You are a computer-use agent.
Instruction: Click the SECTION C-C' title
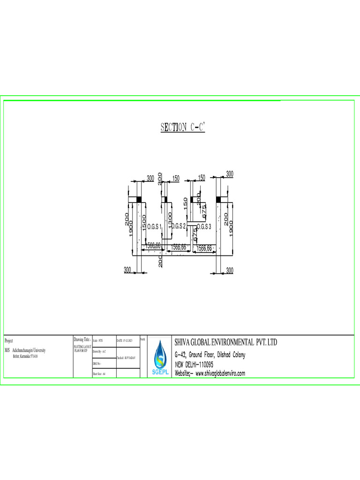click(x=183, y=127)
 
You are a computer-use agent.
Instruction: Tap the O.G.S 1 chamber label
click(x=154, y=227)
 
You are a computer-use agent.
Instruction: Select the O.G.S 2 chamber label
click(x=179, y=226)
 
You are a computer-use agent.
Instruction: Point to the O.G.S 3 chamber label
click(x=204, y=226)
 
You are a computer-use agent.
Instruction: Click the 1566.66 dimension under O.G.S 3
click(x=205, y=247)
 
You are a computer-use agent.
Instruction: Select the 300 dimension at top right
click(x=230, y=174)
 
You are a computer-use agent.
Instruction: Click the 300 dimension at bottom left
click(x=127, y=270)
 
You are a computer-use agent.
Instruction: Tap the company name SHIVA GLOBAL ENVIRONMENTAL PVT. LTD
click(x=226, y=343)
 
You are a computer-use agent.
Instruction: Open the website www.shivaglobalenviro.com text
click(x=210, y=374)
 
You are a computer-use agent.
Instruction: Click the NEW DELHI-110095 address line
click(x=195, y=364)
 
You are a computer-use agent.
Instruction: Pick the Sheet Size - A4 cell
click(x=99, y=374)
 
